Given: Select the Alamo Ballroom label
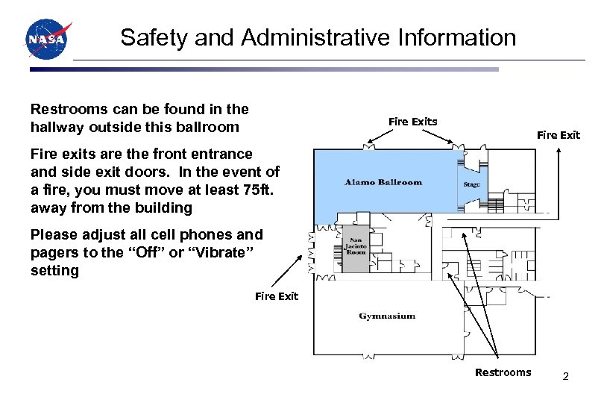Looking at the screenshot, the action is tap(383, 182).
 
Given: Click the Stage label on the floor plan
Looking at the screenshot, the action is tap(471, 184).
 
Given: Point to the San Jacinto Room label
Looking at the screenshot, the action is tap(356, 246).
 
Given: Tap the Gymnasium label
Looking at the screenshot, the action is tap(387, 316).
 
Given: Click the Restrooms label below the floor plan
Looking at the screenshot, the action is tap(503, 372).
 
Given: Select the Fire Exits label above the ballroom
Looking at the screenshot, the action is tap(413, 122).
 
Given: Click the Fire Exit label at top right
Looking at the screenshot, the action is tap(559, 135).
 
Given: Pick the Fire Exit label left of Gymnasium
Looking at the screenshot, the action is tap(277, 296).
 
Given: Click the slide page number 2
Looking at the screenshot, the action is tap(566, 376).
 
